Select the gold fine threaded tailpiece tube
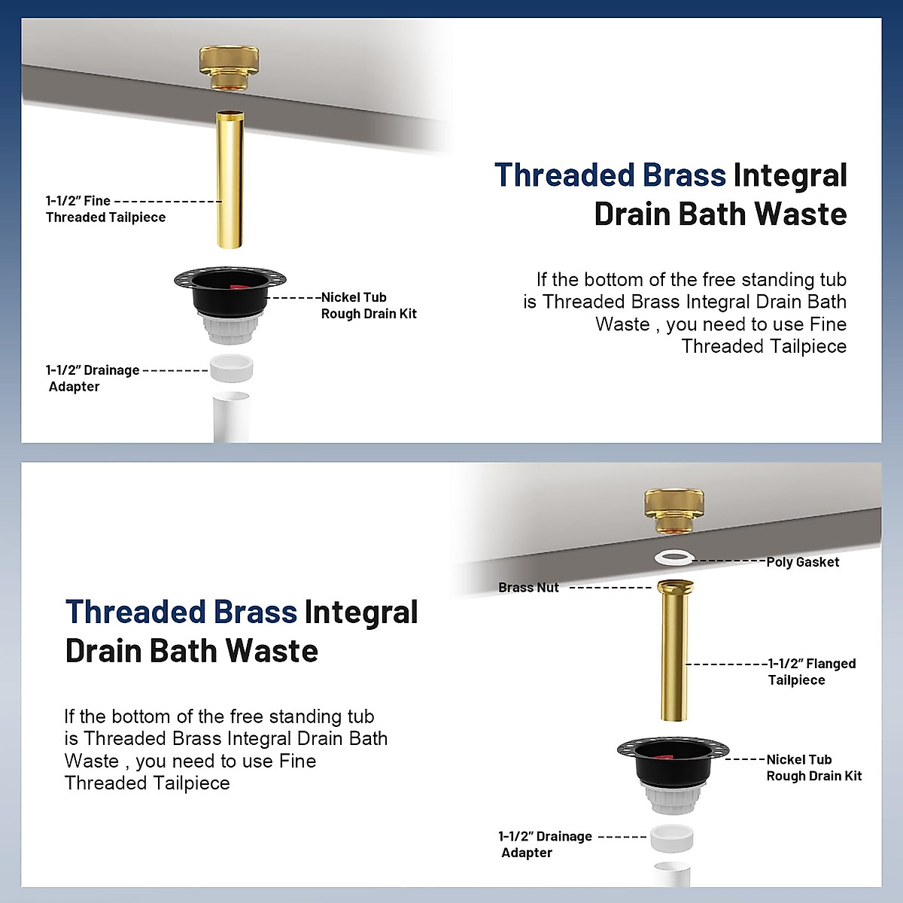tap(230, 181)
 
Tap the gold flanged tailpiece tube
tap(674, 655)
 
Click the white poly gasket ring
tap(673, 558)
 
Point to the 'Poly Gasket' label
tap(802, 562)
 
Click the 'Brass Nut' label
tap(528, 588)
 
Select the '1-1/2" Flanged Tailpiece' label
tap(811, 672)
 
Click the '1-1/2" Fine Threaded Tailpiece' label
tap(105, 209)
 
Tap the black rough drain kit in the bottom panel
tap(672, 768)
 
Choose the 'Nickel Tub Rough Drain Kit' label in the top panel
tap(368, 306)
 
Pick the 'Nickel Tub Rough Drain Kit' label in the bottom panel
tap(813, 768)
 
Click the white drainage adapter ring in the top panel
tap(231, 369)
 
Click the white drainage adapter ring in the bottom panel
tap(671, 838)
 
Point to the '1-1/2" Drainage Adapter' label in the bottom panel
tap(545, 844)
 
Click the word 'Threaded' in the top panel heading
tap(564, 175)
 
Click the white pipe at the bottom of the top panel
tap(231, 418)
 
